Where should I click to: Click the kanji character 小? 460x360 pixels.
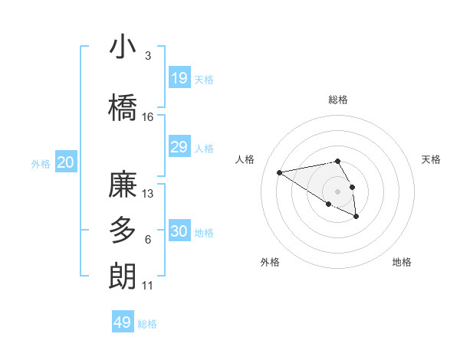pos(123,47)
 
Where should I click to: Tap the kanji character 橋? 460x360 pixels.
pos(123,108)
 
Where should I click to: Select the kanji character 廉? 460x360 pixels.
pos(123,185)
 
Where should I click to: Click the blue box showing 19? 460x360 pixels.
pos(179,78)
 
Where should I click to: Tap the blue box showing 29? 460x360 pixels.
pos(179,147)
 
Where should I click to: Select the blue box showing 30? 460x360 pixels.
pos(179,231)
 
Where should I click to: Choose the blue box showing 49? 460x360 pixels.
pos(123,322)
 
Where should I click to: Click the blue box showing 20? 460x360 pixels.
pos(66,162)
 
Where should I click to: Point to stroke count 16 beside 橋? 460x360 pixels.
pos(148,117)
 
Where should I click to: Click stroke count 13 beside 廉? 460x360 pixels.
pos(149,194)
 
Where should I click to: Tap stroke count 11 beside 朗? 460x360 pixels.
pos(148,286)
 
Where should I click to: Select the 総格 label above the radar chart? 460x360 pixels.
pos(338,100)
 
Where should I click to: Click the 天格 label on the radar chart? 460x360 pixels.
pos(431,159)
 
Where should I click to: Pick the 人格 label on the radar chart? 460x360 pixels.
pos(245,159)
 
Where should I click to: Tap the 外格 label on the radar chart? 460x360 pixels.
pos(270,262)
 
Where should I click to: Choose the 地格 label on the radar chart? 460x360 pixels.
pos(402,262)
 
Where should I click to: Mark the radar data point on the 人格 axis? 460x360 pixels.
pos(280,172)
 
